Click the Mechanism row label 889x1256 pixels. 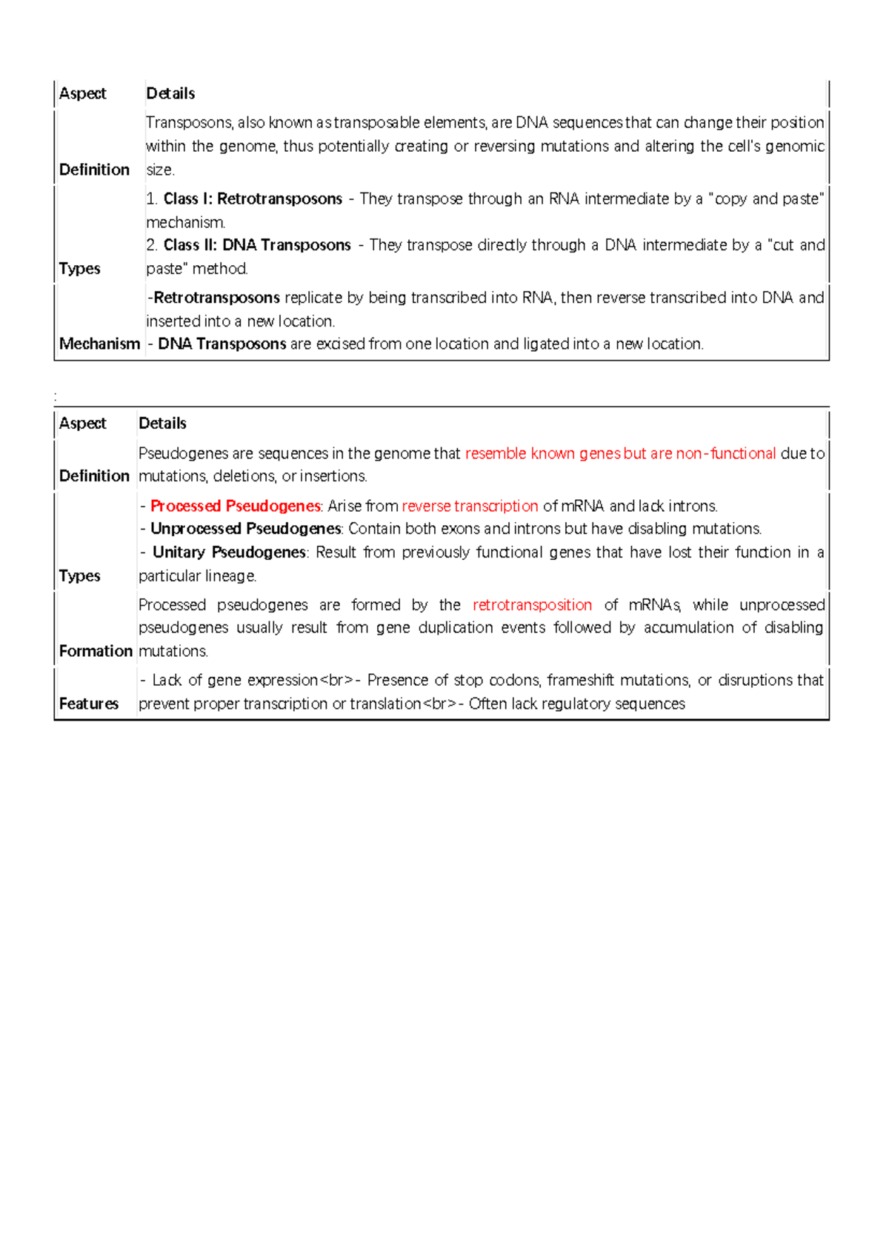(x=99, y=344)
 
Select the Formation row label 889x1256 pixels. (x=96, y=651)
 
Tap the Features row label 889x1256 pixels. (x=89, y=704)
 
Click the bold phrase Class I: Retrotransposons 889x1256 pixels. (x=253, y=198)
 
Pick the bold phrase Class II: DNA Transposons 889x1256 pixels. (x=257, y=245)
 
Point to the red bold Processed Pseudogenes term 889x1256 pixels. (x=235, y=506)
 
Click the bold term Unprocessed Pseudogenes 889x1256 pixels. (x=245, y=529)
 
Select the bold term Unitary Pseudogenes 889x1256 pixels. (x=229, y=552)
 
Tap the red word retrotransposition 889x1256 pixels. (x=532, y=605)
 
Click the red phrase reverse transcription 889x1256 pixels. (x=470, y=506)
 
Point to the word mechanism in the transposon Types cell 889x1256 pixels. (x=185, y=222)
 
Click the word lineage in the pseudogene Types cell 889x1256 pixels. (x=232, y=575)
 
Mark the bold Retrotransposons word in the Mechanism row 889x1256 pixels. (x=216, y=298)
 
